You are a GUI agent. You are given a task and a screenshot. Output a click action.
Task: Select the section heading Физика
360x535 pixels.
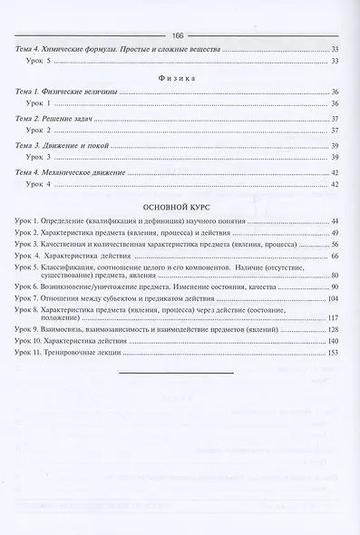tap(180, 80)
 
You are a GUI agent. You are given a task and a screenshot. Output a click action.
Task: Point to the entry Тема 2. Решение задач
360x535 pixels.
tap(57, 119)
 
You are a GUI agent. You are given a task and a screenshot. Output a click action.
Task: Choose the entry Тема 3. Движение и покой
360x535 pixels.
tap(62, 145)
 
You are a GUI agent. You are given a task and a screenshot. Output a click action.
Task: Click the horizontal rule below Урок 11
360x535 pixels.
tap(180, 374)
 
